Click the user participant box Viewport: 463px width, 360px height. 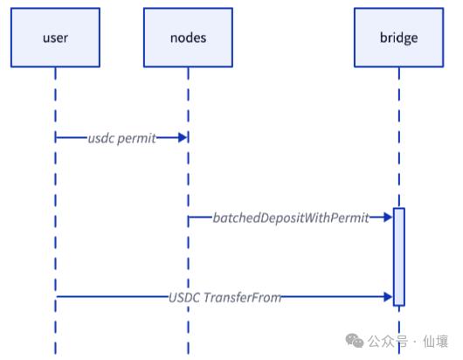coord(54,38)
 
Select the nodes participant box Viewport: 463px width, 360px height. coord(187,38)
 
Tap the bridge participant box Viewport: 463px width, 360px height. coord(398,38)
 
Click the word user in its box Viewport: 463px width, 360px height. coord(54,38)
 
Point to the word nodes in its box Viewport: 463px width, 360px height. coord(187,38)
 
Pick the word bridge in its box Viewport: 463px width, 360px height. coord(398,38)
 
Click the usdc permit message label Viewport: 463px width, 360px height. coord(121,138)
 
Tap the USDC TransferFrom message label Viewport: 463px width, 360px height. coord(225,298)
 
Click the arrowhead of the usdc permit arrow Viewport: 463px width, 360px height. coord(183,138)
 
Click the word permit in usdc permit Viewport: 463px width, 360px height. coord(137,138)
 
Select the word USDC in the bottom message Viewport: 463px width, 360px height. coord(185,298)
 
